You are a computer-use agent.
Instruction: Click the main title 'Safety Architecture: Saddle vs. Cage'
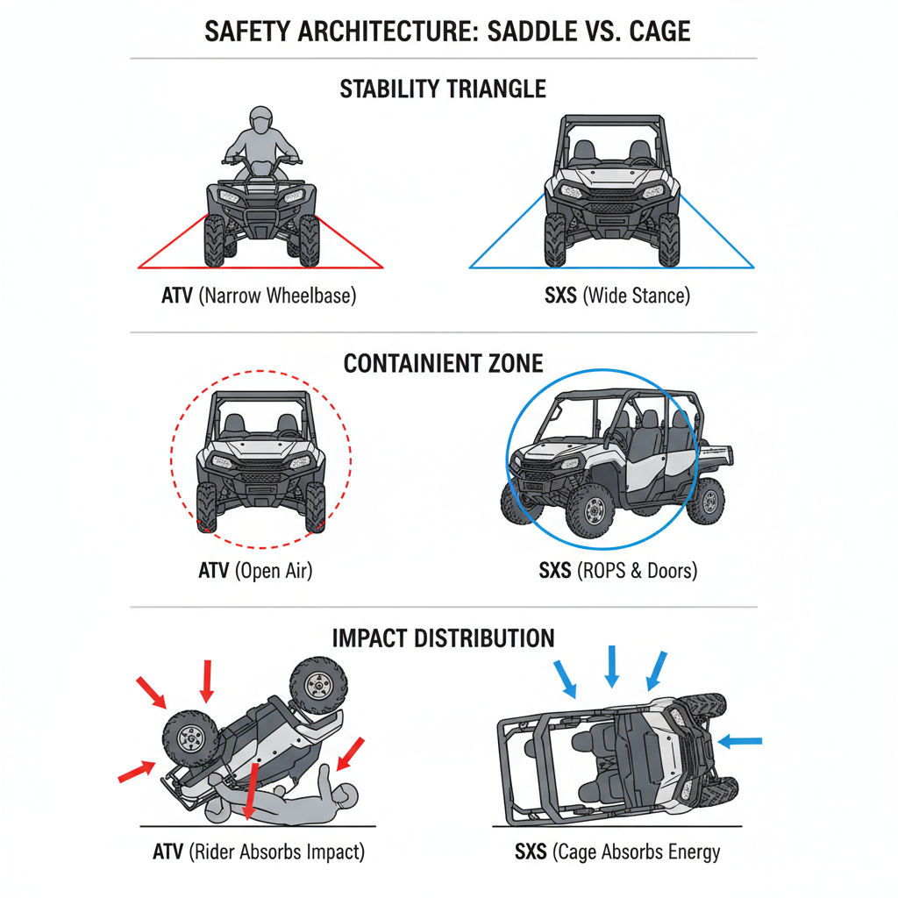(x=447, y=32)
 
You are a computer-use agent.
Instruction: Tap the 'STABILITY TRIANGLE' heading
(x=443, y=89)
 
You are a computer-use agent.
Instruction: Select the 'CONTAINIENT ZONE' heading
(x=443, y=363)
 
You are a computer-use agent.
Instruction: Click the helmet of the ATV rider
(x=261, y=120)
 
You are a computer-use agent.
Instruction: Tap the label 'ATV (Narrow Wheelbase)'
(x=259, y=296)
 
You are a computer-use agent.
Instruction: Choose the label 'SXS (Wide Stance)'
(x=616, y=296)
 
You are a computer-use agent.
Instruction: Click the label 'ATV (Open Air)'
(x=255, y=571)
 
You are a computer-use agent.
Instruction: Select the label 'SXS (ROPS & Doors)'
(x=617, y=571)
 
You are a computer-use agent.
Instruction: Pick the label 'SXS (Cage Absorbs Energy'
(x=617, y=852)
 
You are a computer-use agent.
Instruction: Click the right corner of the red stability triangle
(x=382, y=267)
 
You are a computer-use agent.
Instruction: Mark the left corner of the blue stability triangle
(x=471, y=267)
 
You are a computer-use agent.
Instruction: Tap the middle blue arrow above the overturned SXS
(x=612, y=666)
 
